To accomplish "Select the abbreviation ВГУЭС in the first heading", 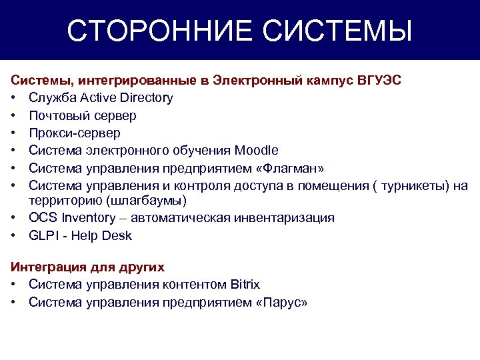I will tap(379, 80).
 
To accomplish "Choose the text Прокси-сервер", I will tap(75, 133).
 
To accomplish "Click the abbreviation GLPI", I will tap(43, 235).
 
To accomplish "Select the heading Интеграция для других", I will tap(87, 267).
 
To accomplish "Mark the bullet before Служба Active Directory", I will tap(13, 98).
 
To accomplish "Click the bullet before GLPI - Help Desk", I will tap(13, 235).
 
